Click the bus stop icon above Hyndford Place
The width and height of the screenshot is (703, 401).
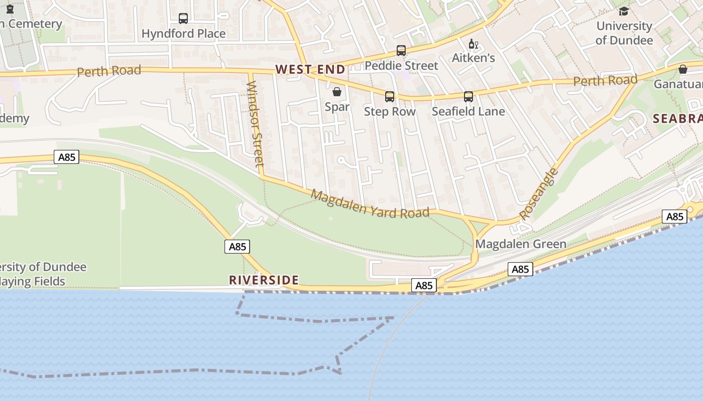coord(183,19)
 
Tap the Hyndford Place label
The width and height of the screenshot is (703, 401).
coord(183,34)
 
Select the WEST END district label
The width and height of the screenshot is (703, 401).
coord(310,69)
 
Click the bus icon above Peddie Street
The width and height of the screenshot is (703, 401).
coord(401,51)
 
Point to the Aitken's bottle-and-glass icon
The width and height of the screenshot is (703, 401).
coord(473,44)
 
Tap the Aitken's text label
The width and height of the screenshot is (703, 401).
coord(473,58)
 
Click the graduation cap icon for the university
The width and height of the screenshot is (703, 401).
coord(624,11)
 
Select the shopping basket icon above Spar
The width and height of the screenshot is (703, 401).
coord(337,92)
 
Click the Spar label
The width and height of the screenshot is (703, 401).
coord(337,107)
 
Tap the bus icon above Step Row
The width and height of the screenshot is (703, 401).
coord(390,97)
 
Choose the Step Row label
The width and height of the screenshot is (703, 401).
coord(390,111)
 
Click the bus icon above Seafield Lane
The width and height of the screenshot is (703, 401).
coord(468,97)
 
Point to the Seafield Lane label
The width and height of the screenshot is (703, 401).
coord(468,111)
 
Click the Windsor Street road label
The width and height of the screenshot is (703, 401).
coord(256,123)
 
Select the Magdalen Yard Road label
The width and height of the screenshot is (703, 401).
coord(370,204)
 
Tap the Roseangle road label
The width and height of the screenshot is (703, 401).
coord(539,194)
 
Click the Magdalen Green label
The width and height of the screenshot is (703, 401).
coord(521,244)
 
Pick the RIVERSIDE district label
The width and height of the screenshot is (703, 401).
coord(264,280)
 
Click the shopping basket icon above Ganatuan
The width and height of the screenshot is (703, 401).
coord(683,69)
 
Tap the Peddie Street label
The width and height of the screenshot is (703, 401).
coord(401,66)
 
